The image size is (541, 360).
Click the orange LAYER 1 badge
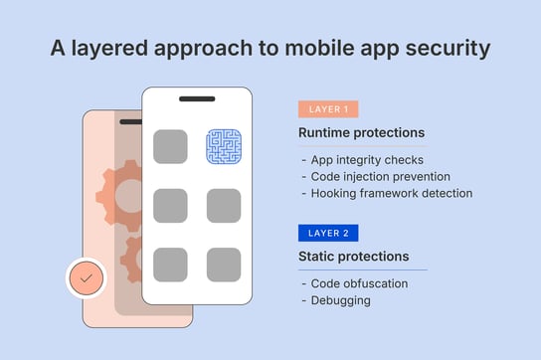pos(327,110)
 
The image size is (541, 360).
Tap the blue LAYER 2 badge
pos(327,234)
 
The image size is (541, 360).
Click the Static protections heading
pos(353,257)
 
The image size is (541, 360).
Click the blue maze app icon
pos(224,146)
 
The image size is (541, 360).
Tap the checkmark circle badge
pos(87,279)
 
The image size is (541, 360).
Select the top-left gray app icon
pos(170,146)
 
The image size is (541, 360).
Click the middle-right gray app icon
pos(224,205)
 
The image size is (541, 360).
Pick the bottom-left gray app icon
pos(170,264)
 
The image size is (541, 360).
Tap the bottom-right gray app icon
pos(224,264)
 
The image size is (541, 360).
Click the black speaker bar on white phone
pos(197,99)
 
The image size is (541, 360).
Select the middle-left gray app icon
pos(170,205)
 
